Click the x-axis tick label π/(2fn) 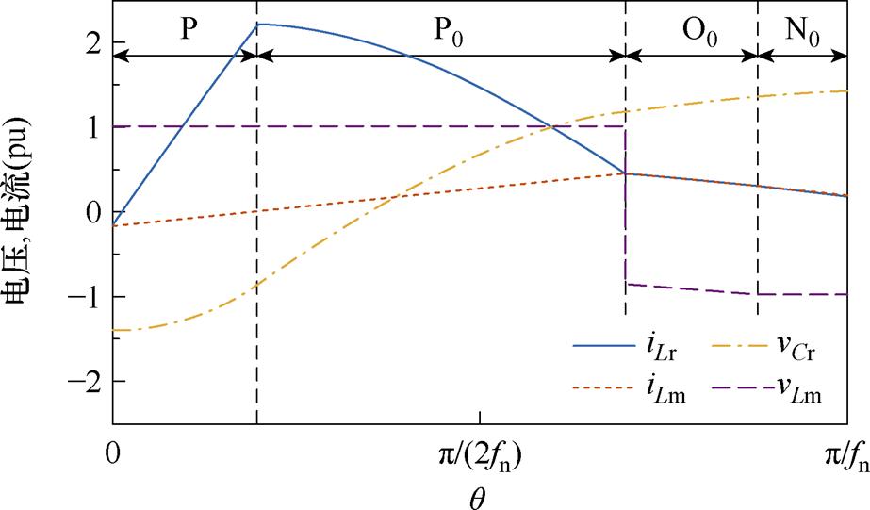coord(481,456)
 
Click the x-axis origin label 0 coord(113,454)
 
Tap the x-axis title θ coord(479,494)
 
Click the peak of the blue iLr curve coord(257,24)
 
